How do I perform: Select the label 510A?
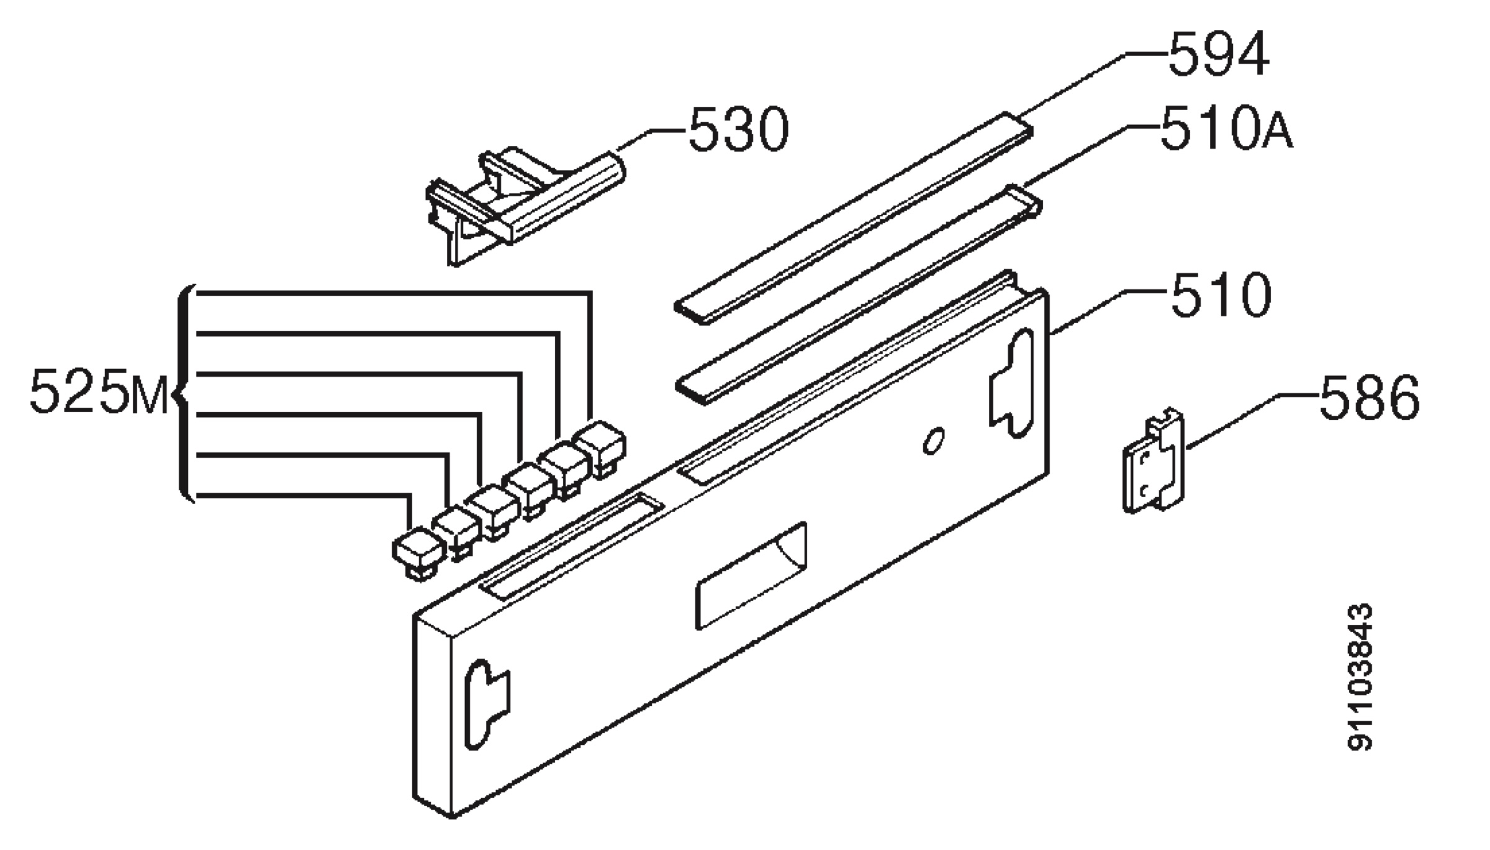point(1226,129)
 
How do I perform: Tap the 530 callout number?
point(738,129)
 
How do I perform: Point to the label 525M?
point(99,391)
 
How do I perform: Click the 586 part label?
point(1369,398)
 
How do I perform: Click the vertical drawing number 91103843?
point(1360,677)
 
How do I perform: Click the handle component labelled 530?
point(525,206)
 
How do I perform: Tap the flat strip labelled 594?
point(854,219)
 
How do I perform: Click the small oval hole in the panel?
point(933,441)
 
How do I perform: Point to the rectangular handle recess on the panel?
point(751,575)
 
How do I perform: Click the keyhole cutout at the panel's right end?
point(1009,385)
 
